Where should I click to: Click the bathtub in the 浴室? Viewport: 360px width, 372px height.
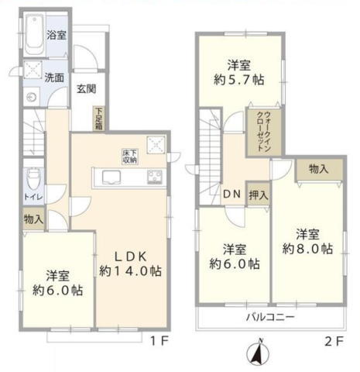(x=34, y=35)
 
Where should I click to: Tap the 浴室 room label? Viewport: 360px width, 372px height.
(x=57, y=35)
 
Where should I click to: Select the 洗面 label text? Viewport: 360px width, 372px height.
(x=54, y=77)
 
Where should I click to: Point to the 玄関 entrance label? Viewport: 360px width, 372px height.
(x=87, y=89)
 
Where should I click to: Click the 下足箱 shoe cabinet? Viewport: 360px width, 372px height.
(x=99, y=119)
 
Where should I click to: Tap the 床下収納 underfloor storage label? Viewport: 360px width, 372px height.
(x=129, y=157)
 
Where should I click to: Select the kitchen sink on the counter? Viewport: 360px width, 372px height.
(x=111, y=177)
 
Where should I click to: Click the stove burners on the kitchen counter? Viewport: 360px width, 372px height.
(x=155, y=177)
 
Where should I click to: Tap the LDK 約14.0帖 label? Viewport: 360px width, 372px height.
(x=131, y=263)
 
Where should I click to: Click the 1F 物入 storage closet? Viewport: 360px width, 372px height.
(x=33, y=219)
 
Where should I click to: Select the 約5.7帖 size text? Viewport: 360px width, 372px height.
(x=239, y=80)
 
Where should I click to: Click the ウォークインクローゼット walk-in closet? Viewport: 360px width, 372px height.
(x=264, y=132)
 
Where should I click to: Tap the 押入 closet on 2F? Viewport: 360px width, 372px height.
(x=259, y=195)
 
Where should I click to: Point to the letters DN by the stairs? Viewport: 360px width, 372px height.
(x=232, y=195)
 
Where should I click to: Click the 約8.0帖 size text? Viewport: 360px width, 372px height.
(x=307, y=249)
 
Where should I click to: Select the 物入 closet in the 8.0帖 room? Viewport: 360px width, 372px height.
(x=319, y=170)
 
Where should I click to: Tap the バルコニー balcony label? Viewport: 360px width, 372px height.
(x=270, y=317)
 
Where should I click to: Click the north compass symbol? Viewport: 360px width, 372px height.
(x=258, y=353)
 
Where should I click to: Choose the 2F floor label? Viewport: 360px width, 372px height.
(x=334, y=342)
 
